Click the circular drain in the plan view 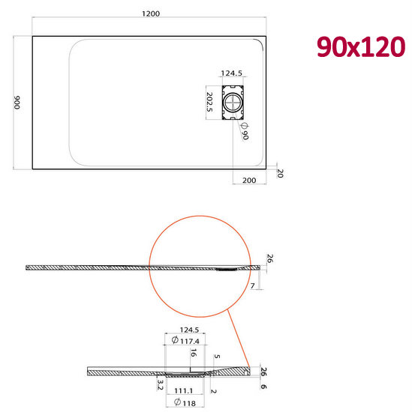(235, 103)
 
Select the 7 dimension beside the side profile (253, 286)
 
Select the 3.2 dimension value (160, 385)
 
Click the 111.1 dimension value (183, 391)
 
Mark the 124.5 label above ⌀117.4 (188, 330)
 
